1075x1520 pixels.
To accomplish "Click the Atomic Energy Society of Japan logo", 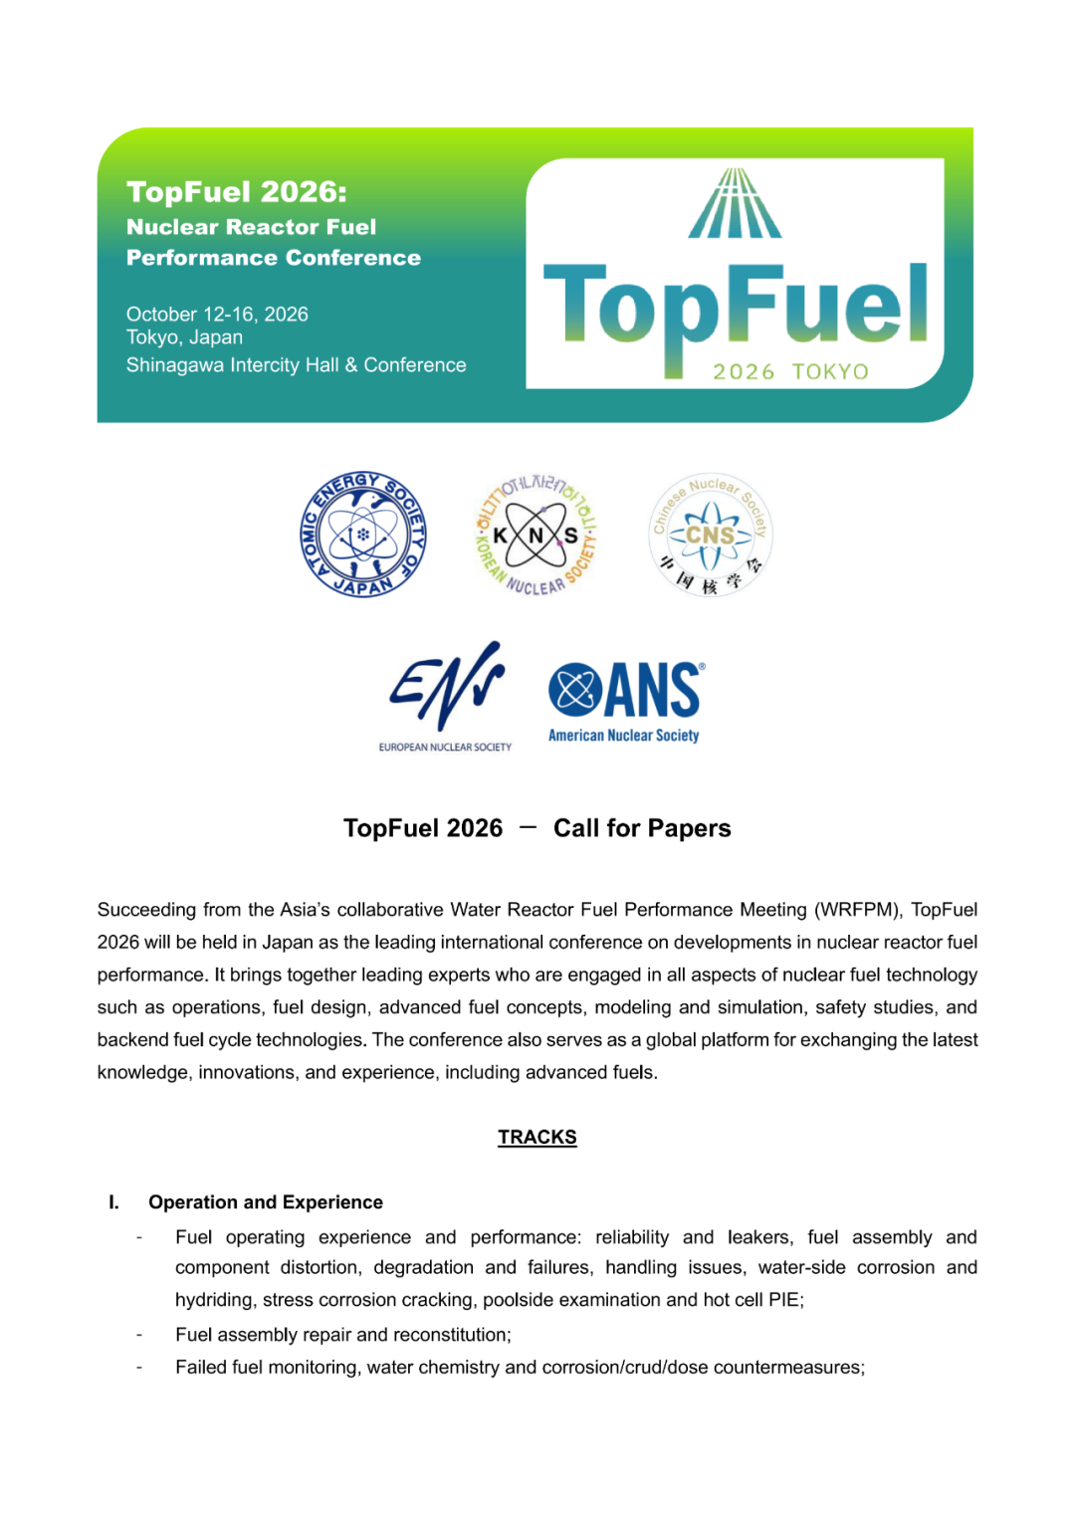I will pos(363,535).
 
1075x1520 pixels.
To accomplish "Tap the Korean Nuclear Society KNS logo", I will pos(536,536).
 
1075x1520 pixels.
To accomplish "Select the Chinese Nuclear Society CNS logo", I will pos(710,536).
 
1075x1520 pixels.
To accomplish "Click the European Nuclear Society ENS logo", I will pos(446,695).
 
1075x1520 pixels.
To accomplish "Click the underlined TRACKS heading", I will pos(537,1137).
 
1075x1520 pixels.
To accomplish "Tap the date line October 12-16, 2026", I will pos(217,315).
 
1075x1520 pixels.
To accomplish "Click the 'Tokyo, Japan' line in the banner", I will pos(184,337).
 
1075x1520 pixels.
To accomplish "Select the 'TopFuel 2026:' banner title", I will pos(237,191).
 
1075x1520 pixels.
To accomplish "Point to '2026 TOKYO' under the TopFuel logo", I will pos(790,371).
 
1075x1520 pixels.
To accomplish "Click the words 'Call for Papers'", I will pos(642,828).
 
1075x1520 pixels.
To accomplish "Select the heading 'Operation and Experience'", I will pos(266,1202).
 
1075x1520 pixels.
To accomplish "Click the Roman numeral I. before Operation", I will pos(114,1202).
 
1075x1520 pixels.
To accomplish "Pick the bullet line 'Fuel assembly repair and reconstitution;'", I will pos(343,1335).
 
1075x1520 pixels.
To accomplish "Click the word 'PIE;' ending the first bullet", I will pos(786,1300).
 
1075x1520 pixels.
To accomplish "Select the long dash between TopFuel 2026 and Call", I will pos(529,826).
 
